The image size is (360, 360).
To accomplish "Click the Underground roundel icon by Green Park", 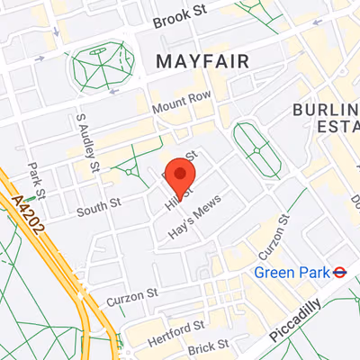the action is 340,271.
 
